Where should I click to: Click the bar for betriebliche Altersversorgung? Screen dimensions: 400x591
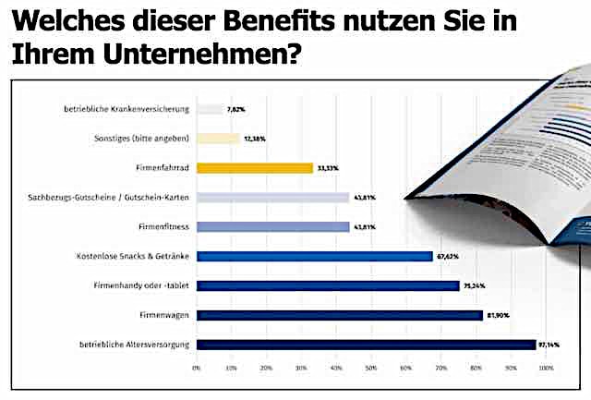366,345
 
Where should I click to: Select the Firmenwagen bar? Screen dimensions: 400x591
339,315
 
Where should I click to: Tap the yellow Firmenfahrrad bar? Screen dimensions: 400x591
255,168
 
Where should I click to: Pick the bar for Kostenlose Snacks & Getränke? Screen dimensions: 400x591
314,256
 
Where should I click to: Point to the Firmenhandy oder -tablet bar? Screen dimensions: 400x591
328,285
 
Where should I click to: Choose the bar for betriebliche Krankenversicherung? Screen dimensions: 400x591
210,109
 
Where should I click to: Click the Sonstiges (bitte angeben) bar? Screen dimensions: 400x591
218,139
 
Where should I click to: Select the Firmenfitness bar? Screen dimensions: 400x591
272,227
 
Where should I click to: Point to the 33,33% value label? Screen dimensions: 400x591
327,168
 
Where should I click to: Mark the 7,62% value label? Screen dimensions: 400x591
237,109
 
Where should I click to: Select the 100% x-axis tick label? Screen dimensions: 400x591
545,368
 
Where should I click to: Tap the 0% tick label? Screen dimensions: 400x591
197,368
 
